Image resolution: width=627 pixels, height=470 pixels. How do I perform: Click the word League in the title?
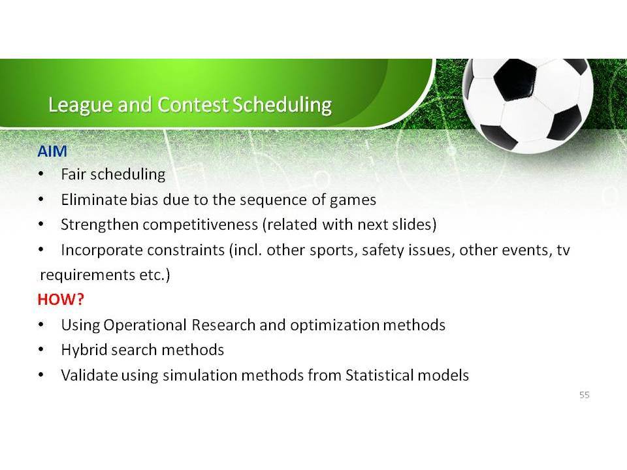[x=80, y=105]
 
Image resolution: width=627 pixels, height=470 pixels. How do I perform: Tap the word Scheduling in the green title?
[x=282, y=105]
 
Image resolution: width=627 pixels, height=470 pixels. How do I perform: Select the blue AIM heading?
[x=52, y=151]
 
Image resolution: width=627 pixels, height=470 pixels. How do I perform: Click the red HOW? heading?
[x=61, y=300]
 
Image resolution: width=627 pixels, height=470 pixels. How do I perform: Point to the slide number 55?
[x=584, y=395]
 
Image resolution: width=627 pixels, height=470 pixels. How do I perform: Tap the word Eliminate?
[x=94, y=200]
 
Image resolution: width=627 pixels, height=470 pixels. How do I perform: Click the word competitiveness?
[x=200, y=225]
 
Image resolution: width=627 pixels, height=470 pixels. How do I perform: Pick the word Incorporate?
[x=103, y=250]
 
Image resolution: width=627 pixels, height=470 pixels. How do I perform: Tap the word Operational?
[x=145, y=325]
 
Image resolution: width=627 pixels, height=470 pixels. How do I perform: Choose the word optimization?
[x=334, y=325]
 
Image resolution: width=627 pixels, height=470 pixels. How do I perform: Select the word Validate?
[x=89, y=375]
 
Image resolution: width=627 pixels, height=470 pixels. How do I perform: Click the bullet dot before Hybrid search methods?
[x=41, y=350]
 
